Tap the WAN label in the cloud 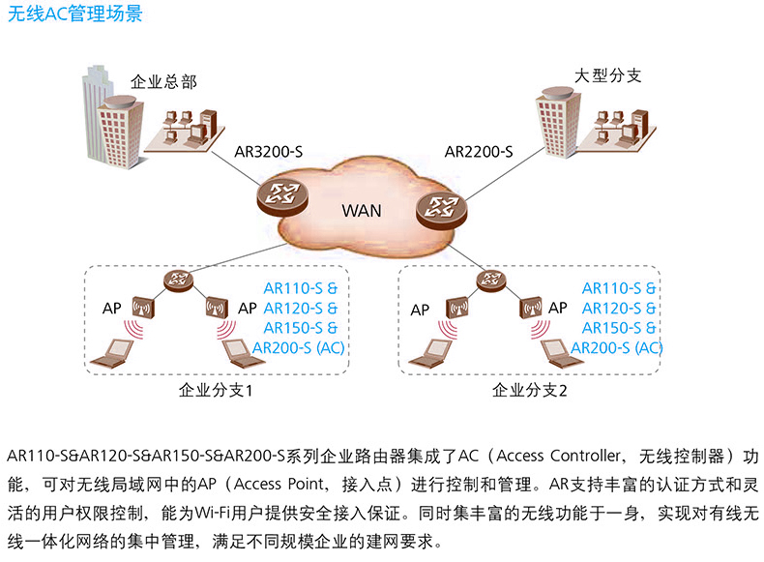click(362, 210)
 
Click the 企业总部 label click(163, 82)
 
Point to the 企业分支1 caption click(217, 392)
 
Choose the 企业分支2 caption click(530, 392)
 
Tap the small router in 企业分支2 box click(491, 281)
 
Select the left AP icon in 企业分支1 click(144, 308)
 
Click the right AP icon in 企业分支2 click(528, 308)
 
